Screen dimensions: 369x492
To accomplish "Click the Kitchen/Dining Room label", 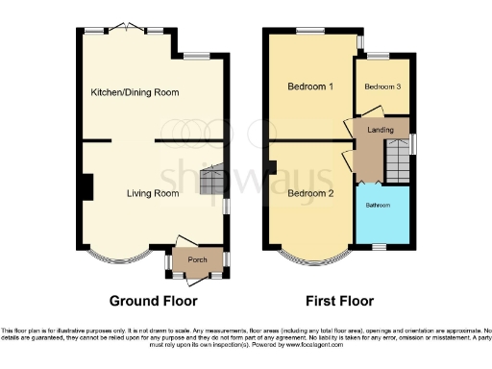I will (x=135, y=92).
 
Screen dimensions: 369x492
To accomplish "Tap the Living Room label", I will (x=154, y=193).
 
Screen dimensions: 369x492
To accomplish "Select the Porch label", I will (x=197, y=258).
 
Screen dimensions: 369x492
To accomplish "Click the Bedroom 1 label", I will (x=310, y=86).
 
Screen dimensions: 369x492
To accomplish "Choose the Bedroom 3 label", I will (x=381, y=86).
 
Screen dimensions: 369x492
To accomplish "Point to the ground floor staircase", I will (x=210, y=180).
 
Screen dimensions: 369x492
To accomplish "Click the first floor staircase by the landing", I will (x=396, y=156).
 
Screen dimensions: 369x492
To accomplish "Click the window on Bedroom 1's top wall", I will (x=310, y=30).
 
